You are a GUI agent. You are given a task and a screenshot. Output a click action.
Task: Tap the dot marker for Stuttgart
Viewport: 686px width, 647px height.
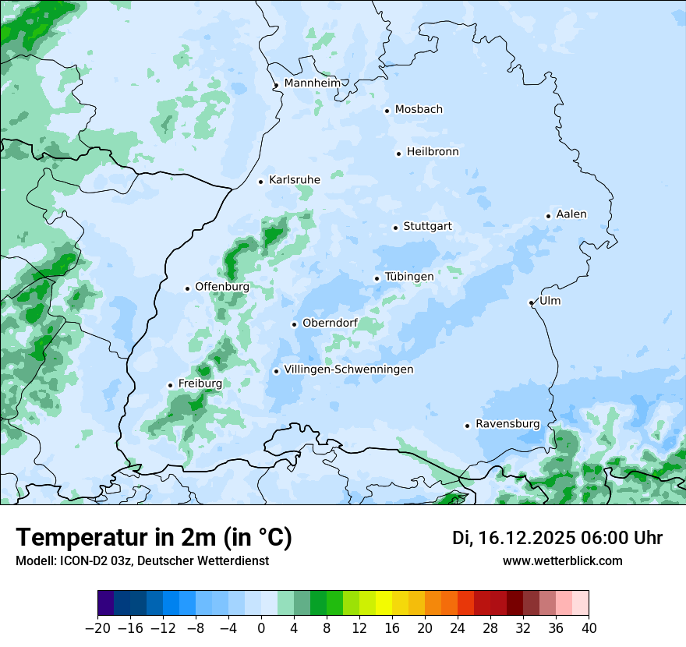[396, 228]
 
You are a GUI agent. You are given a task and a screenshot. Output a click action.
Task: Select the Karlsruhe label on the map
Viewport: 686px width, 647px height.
[295, 180]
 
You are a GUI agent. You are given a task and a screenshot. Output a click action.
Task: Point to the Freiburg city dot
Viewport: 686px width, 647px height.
[170, 385]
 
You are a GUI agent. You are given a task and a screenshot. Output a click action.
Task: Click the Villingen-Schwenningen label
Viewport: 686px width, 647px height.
[348, 369]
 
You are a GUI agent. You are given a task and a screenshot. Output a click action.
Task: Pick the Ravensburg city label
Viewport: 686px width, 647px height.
[507, 424]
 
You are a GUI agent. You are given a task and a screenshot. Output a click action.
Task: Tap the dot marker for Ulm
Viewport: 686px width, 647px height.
[531, 302]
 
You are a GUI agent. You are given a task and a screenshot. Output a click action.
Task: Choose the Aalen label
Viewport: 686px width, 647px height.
[571, 214]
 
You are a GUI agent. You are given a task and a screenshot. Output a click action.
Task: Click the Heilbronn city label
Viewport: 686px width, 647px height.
[433, 152]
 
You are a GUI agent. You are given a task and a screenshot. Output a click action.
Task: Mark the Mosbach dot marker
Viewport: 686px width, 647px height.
[387, 111]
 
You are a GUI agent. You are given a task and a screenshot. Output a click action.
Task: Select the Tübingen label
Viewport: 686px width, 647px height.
[409, 277]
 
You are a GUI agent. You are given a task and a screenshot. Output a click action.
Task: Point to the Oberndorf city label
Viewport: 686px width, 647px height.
[331, 323]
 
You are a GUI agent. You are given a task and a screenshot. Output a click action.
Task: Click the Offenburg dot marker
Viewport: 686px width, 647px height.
[187, 288]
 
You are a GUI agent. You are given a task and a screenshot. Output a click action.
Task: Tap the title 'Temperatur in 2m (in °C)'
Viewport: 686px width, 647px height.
[154, 538]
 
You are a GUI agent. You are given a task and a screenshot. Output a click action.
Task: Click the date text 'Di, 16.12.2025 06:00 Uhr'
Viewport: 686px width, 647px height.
[557, 538]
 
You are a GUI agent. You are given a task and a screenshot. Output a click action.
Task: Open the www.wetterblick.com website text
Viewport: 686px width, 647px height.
[563, 560]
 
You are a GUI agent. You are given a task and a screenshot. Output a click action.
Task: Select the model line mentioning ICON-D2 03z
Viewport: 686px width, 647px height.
[142, 560]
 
